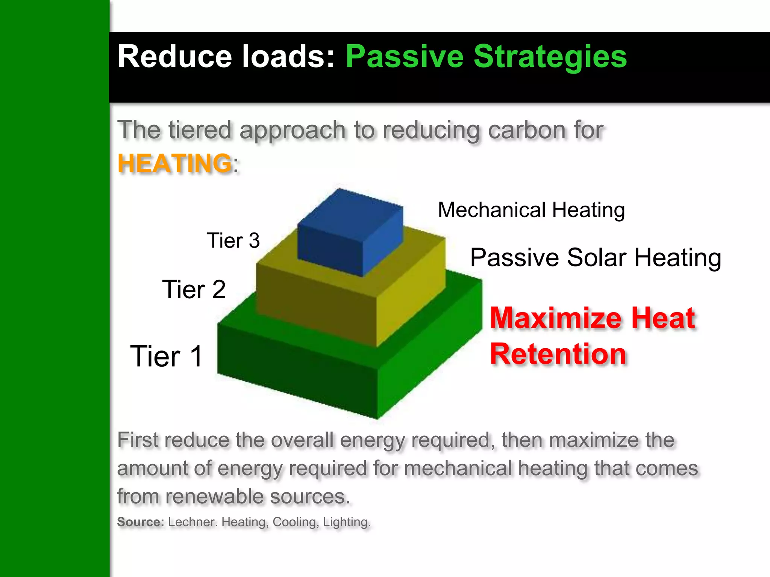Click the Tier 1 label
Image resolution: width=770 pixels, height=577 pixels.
[167, 356]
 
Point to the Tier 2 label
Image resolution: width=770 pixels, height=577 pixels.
[194, 290]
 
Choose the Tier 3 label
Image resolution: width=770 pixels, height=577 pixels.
[233, 240]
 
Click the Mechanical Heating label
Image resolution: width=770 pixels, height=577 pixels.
[531, 210]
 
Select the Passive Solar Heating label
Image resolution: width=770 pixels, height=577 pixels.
[596, 258]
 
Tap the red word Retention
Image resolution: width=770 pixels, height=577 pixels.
[558, 354]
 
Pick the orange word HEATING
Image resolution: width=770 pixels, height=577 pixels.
[174, 163]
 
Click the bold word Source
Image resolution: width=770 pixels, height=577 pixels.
[141, 522]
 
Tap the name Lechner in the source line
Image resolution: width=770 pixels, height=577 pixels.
[192, 522]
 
